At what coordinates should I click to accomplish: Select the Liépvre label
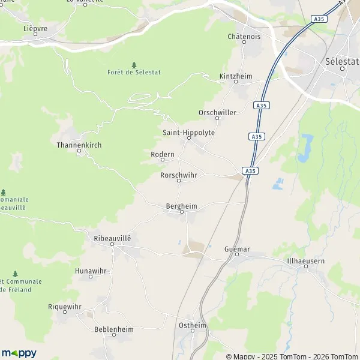(35, 28)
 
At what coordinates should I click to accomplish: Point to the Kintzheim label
(236, 76)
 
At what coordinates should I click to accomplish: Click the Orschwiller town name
(217, 112)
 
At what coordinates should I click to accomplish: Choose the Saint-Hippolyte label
(188, 133)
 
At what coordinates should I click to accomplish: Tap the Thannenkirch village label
(80, 145)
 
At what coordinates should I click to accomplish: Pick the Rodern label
(163, 154)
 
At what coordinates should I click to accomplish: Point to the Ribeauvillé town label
(112, 238)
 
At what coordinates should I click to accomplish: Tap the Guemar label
(236, 248)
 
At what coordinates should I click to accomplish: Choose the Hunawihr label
(91, 271)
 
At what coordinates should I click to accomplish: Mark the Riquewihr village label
(64, 306)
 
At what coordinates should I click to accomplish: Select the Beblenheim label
(113, 329)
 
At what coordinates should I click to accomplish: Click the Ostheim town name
(193, 325)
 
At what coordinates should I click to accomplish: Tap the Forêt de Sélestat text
(134, 72)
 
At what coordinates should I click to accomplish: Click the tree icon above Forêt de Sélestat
(134, 64)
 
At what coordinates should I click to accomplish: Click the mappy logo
(19, 353)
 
